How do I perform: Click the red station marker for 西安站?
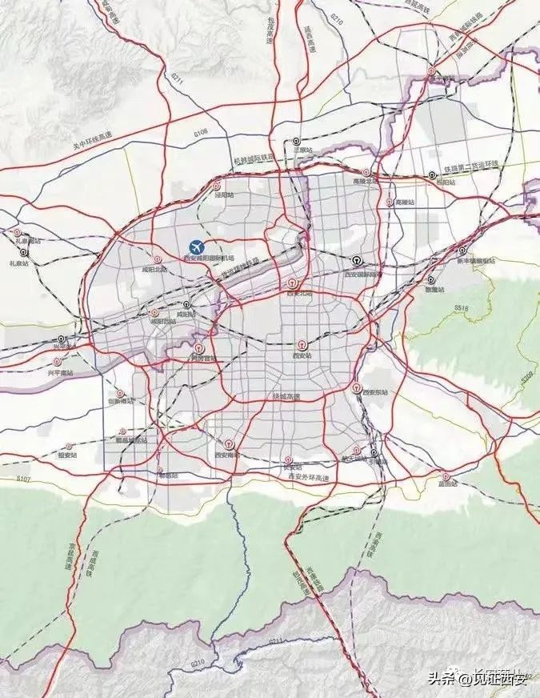(302, 343)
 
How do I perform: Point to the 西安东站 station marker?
(357, 386)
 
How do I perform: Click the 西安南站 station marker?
(230, 443)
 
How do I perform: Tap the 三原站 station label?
(302, 149)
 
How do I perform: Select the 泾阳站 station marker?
(221, 186)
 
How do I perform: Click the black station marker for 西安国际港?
(354, 260)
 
